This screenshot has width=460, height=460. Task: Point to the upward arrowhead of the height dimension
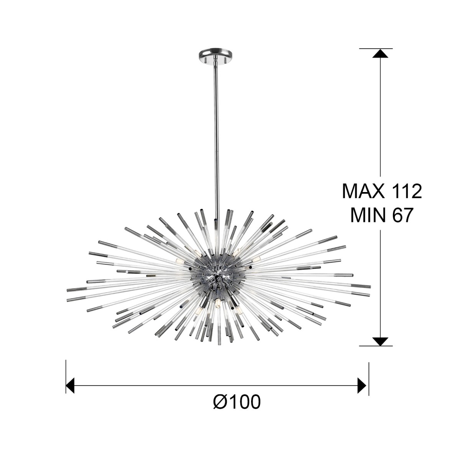[380, 53]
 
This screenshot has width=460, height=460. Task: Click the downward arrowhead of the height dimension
[380, 348]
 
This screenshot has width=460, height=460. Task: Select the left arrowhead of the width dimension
[70, 379]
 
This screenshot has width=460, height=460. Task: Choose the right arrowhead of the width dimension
[362, 379]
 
